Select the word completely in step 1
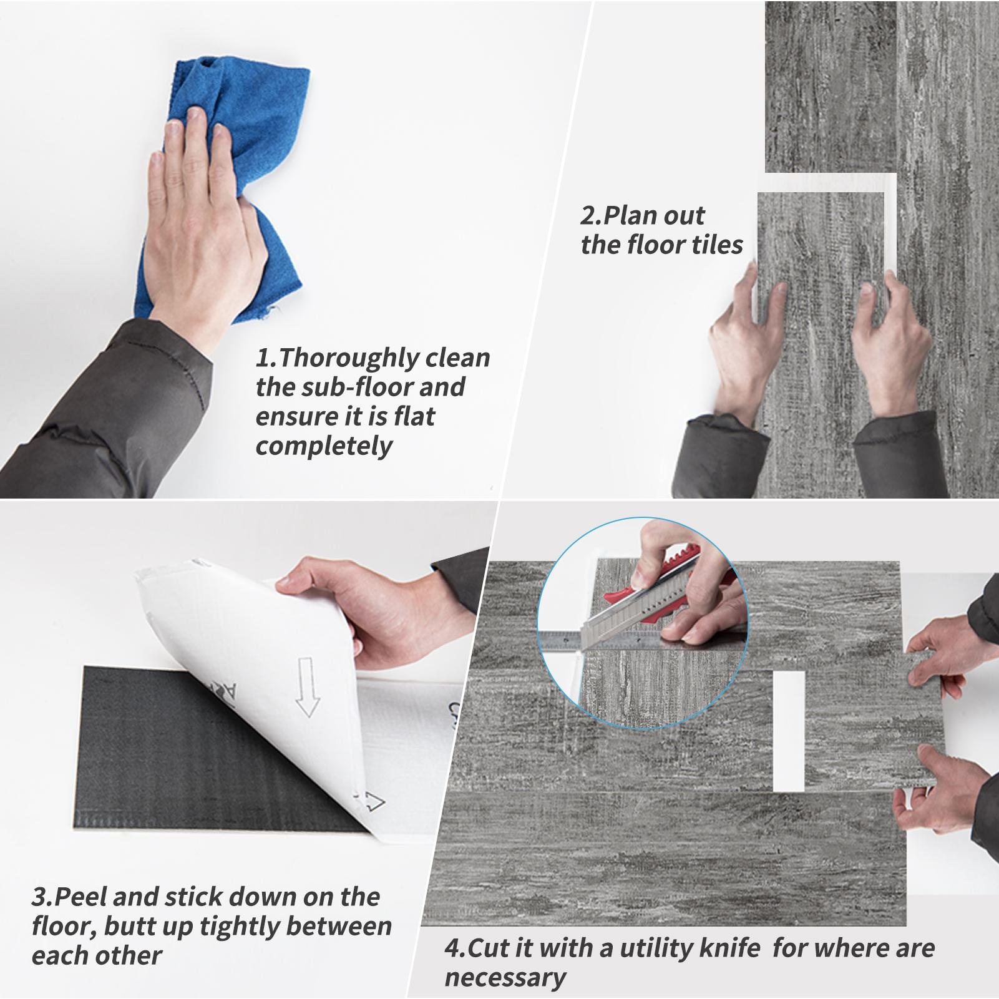[324, 447]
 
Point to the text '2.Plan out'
[643, 216]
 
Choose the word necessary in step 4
[505, 978]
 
